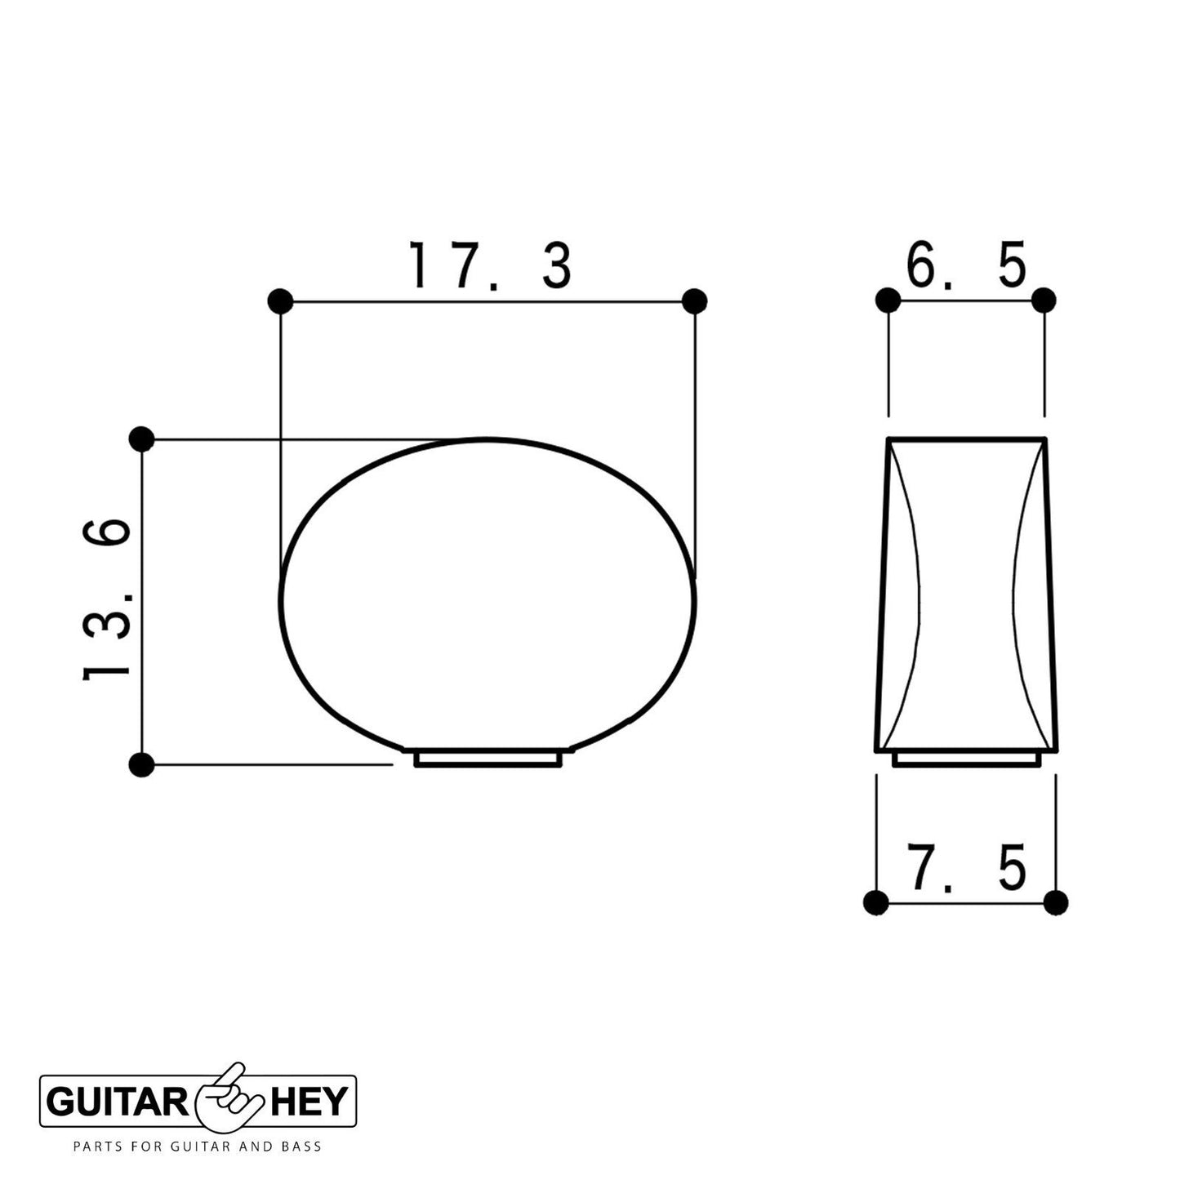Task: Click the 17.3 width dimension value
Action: [490, 265]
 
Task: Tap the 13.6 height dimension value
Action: [106, 598]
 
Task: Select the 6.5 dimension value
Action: [966, 265]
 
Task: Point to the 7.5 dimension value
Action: [966, 867]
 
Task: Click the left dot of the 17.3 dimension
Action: [280, 301]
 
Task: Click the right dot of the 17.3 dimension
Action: [694, 301]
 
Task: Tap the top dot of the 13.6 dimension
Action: [141, 439]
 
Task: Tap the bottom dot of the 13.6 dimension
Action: [141, 765]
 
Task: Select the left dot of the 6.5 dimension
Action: [888, 301]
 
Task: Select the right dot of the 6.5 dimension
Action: [1044, 301]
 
